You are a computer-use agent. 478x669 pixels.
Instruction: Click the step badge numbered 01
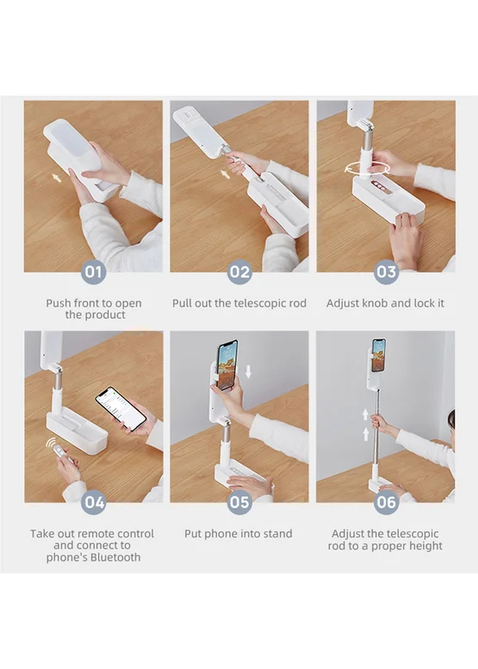pos(94,272)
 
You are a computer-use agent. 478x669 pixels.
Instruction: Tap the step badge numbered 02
pos(239,272)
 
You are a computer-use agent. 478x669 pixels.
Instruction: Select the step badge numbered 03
pos(386,272)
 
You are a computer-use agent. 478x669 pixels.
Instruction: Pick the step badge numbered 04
pos(94,502)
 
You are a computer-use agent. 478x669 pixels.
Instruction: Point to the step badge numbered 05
pos(239,502)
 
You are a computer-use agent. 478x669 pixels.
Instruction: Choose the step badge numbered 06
pos(386,502)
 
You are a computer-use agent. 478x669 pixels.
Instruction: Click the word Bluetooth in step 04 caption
pos(115,557)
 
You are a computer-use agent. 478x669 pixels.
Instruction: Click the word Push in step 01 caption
pos(59,303)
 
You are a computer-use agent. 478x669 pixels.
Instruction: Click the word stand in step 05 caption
pos(278,534)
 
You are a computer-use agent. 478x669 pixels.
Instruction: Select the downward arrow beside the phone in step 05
pos(248,372)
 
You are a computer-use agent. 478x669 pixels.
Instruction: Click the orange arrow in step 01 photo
pos(56,177)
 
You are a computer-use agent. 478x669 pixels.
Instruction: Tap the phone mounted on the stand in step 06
pos(378,355)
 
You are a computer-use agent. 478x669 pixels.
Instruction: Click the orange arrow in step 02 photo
pos(225,173)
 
